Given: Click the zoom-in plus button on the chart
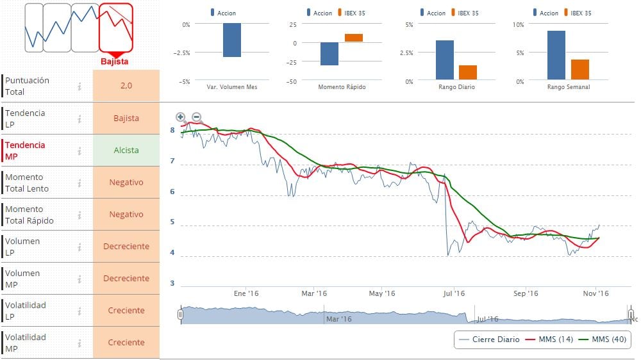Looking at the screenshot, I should (x=181, y=117).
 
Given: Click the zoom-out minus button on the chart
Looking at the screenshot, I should (x=196, y=117).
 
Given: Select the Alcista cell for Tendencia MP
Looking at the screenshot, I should (x=126, y=150).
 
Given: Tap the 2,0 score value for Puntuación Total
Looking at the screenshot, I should (x=126, y=86).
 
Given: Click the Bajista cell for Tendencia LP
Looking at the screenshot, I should (x=126, y=118).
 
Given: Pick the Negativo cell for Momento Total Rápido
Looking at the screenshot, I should (x=126, y=214).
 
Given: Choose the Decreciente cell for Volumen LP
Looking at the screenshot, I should (x=126, y=246).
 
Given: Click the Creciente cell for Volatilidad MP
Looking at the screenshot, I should (x=126, y=342).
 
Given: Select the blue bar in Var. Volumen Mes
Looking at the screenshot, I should (x=232, y=40).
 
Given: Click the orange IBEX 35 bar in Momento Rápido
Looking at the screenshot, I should (x=354, y=38).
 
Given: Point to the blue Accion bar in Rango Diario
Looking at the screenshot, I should (x=445, y=60).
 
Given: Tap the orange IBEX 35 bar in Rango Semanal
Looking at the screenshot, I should (x=579, y=69).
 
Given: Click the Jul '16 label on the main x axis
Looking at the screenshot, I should (x=454, y=293).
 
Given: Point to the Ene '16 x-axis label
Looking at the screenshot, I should (x=246, y=293).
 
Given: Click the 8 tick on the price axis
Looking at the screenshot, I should (x=172, y=131).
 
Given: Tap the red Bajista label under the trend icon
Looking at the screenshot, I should (x=115, y=61).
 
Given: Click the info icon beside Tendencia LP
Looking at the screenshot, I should (x=79, y=119).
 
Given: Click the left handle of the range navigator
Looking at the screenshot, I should (x=181, y=315).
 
